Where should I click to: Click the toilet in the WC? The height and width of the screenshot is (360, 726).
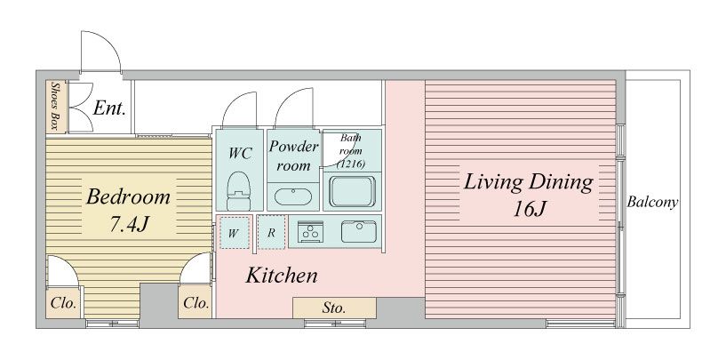[239, 191]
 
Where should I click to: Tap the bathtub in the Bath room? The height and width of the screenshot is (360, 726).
[352, 191]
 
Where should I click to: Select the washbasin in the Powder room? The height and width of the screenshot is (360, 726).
[293, 196]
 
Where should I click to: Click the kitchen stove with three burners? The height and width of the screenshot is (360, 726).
[308, 231]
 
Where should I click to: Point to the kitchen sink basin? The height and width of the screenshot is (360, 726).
[359, 231]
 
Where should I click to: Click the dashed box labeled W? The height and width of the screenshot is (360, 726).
[234, 233]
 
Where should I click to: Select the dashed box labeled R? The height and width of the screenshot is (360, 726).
[271, 233]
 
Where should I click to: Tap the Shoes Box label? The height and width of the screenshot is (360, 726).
[57, 106]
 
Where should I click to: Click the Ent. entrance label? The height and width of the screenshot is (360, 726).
[109, 108]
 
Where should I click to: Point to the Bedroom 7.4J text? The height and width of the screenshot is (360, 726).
[128, 211]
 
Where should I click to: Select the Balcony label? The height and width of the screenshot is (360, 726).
[652, 203]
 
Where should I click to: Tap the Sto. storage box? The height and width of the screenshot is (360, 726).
[334, 308]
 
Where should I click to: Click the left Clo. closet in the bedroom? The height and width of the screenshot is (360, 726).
[63, 303]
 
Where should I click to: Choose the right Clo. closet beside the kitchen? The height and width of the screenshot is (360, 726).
[195, 303]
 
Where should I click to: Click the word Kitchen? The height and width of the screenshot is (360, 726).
[282, 276]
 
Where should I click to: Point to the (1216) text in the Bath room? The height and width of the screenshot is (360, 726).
[351, 163]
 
